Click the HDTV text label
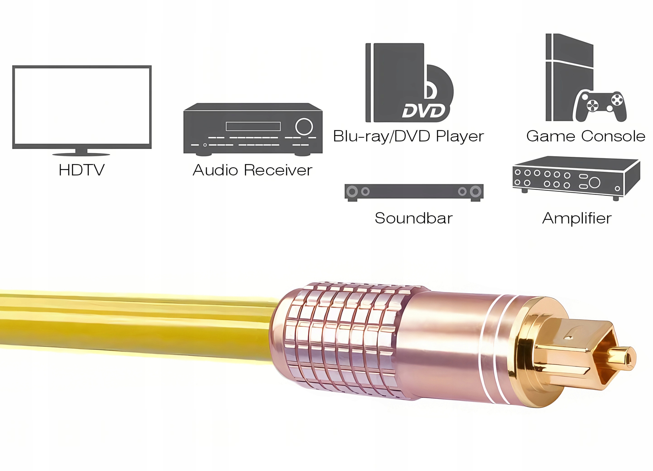81,170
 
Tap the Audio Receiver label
252,170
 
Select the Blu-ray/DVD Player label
408,136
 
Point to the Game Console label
585,136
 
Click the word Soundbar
413,218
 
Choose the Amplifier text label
577,218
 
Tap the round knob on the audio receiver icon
304,126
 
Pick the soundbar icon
414,191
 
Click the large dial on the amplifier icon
595,182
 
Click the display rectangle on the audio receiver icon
253,126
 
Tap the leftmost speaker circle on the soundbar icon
352,191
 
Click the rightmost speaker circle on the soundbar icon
475,191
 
